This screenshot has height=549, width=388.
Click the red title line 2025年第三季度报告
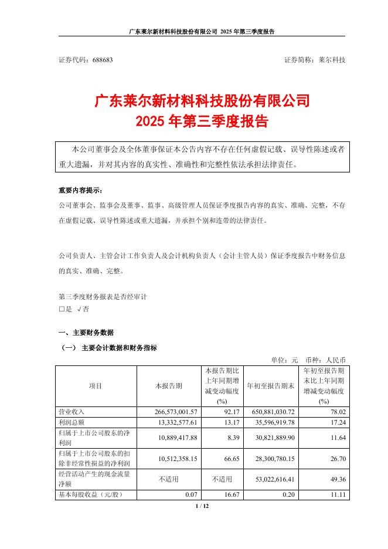click(x=202, y=122)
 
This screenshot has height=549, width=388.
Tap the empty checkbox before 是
click(x=61, y=308)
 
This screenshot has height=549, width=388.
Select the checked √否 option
click(x=83, y=308)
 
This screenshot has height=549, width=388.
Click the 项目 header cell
click(x=96, y=386)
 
